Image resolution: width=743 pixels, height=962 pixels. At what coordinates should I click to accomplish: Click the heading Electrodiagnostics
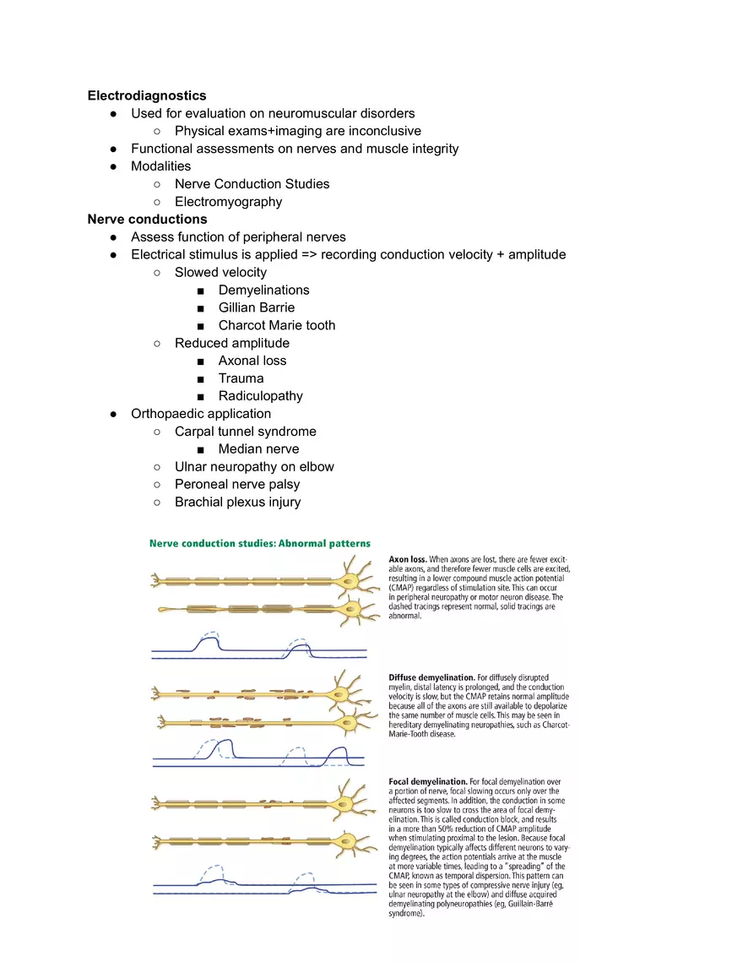pyautogui.click(x=147, y=95)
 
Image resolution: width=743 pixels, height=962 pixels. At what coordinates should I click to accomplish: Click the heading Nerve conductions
pyautogui.click(x=147, y=219)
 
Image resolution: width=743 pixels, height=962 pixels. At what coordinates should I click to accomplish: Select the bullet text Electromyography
pyautogui.click(x=228, y=201)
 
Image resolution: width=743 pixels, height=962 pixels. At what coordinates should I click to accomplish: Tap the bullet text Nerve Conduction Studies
pyautogui.click(x=252, y=183)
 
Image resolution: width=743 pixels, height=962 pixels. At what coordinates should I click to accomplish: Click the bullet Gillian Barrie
pyautogui.click(x=256, y=307)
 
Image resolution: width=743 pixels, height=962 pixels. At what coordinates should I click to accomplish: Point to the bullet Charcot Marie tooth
pyautogui.click(x=276, y=325)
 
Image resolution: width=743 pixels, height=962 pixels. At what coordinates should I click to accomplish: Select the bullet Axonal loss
pyautogui.click(x=252, y=361)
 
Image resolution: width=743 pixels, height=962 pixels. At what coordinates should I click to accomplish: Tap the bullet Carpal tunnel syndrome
pyautogui.click(x=245, y=432)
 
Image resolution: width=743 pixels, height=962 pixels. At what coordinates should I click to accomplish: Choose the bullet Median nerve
pyautogui.click(x=258, y=449)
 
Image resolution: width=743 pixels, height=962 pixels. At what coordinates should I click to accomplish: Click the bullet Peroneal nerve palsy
pyautogui.click(x=236, y=485)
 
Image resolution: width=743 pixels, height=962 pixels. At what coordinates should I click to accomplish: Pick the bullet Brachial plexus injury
pyautogui.click(x=237, y=503)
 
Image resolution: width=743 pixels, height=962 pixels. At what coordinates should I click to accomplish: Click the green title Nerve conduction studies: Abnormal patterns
pyautogui.click(x=259, y=543)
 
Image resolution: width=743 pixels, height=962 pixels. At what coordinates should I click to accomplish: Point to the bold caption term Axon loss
pyautogui.click(x=407, y=559)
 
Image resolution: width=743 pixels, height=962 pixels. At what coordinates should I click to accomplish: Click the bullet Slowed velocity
pyautogui.click(x=220, y=272)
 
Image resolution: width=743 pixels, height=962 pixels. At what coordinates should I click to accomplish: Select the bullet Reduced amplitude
pyautogui.click(x=231, y=343)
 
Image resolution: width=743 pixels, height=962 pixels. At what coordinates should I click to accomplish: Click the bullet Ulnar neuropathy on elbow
pyautogui.click(x=254, y=467)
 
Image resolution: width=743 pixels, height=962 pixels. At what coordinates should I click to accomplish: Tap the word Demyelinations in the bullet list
pyautogui.click(x=263, y=290)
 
